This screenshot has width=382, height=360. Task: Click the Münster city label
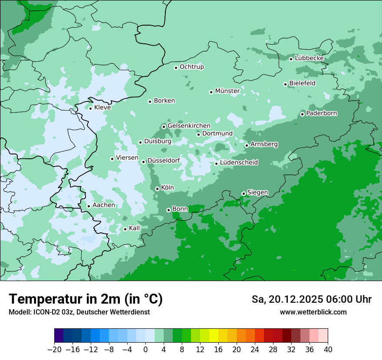227,91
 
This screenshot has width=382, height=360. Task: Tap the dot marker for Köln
157,189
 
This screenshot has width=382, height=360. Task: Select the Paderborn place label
322,114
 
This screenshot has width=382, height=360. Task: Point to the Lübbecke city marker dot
291,59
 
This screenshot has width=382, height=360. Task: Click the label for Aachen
104,205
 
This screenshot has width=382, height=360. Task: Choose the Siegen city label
257,193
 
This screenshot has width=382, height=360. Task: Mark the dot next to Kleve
90,108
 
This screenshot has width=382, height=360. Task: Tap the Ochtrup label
192,67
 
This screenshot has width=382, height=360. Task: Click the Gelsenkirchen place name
189,126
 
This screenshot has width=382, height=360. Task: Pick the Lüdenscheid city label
239,163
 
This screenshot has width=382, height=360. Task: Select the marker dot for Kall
125,229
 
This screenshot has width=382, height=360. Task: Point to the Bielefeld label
302,83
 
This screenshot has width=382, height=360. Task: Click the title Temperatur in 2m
86,299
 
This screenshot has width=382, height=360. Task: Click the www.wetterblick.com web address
313,312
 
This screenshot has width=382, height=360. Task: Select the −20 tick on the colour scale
54,350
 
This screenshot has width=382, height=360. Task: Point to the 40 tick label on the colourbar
328,350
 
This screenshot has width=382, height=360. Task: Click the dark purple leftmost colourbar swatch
59,336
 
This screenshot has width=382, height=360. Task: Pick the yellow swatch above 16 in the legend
214,336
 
